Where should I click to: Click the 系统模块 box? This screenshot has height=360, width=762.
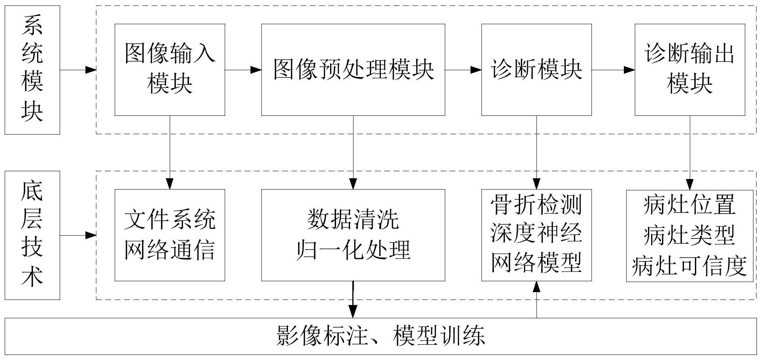[32, 70]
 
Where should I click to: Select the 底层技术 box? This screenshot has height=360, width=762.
[32, 235]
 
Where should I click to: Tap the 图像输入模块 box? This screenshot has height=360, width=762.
[170, 69]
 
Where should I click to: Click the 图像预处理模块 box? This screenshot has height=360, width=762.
[353, 69]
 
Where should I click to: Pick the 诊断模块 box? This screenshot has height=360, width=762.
[536, 69]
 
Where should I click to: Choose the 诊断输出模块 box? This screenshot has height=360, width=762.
[689, 69]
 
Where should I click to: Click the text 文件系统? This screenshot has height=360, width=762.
[170, 220]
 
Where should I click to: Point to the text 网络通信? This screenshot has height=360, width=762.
[170, 250]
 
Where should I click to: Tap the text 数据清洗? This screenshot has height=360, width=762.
[353, 220]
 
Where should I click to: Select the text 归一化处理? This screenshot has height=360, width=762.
[353, 250]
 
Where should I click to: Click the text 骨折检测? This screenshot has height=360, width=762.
[536, 205]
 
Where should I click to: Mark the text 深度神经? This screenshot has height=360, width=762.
[536, 234]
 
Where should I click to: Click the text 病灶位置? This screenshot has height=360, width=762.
[689, 205]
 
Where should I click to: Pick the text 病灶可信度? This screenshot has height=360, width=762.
[689, 266]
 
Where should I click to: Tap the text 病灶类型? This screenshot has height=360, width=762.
[689, 235]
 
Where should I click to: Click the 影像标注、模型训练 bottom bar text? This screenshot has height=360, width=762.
[380, 336]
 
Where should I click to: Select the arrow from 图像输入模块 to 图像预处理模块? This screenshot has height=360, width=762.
[243, 70]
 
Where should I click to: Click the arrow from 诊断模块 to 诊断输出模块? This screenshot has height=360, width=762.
[613, 70]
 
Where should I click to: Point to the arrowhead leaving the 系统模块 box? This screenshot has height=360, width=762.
[91, 70]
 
